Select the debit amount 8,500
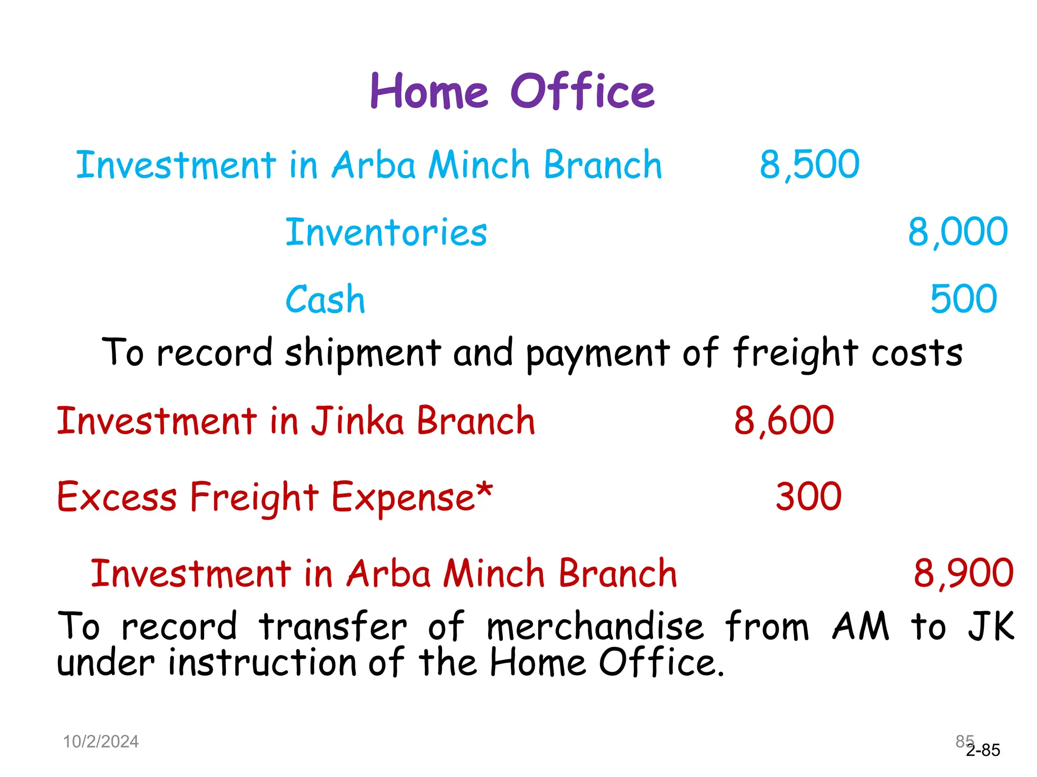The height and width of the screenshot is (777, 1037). click(x=809, y=165)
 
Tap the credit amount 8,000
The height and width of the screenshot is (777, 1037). click(x=958, y=232)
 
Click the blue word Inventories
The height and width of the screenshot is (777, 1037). click(x=386, y=232)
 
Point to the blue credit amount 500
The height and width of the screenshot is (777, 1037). click(x=964, y=299)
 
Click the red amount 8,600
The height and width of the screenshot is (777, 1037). click(x=784, y=421)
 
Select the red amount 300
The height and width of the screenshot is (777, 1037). click(x=809, y=497)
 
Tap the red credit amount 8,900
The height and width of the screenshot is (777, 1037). click(x=963, y=574)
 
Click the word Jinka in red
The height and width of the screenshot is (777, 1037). click(x=357, y=421)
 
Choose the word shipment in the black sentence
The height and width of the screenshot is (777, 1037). click(x=363, y=353)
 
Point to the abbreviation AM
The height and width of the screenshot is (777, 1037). click(x=861, y=626)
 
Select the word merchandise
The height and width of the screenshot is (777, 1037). click(x=595, y=626)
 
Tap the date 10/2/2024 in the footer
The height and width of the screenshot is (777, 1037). click(x=101, y=742)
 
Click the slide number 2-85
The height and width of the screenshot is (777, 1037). click(x=983, y=750)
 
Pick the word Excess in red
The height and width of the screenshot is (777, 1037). click(x=117, y=497)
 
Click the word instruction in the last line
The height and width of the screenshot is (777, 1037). click(x=262, y=663)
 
